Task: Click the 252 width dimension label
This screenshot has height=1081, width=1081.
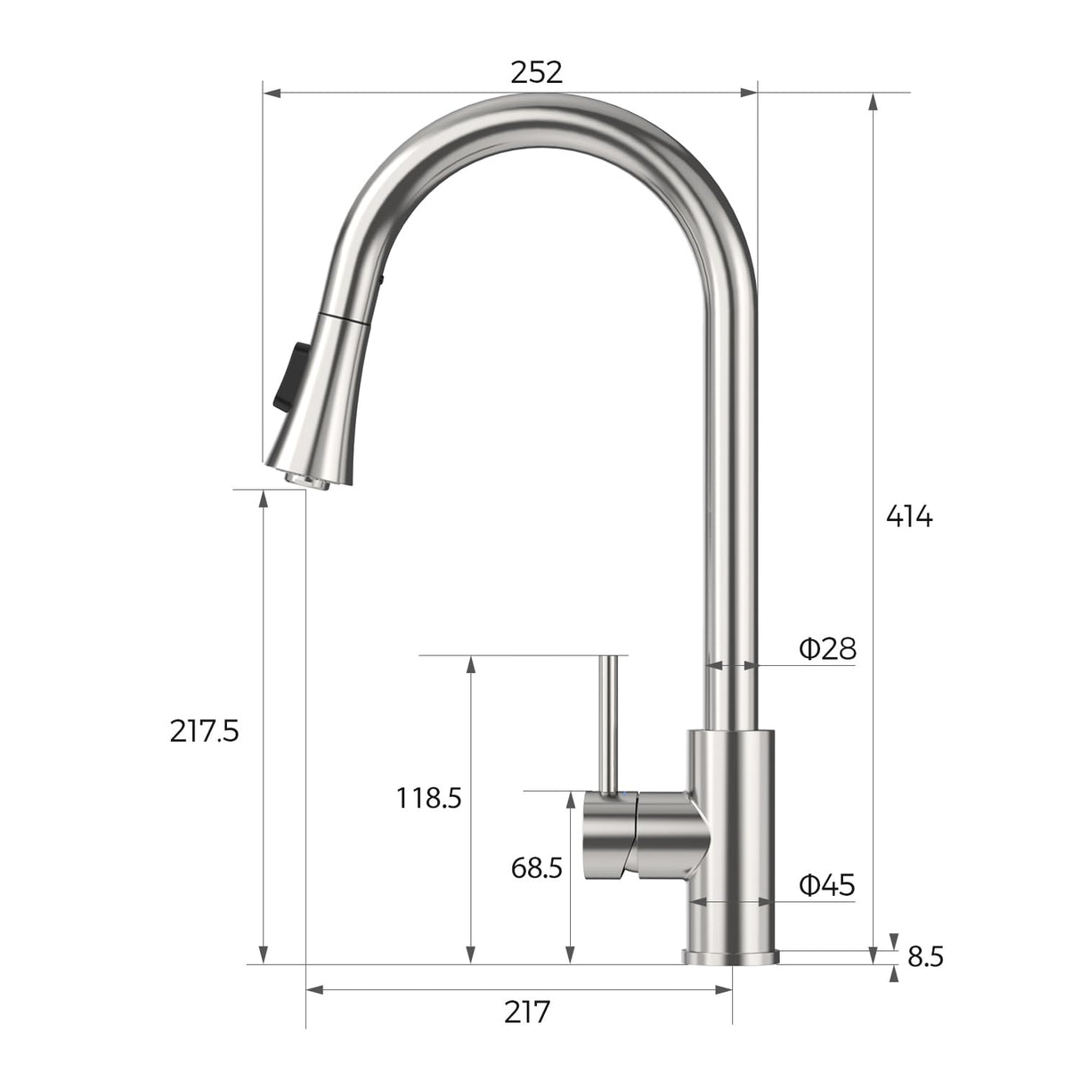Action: tap(536, 72)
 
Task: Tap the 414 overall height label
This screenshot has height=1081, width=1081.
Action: tap(908, 516)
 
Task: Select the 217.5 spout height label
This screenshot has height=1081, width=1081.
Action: tap(204, 731)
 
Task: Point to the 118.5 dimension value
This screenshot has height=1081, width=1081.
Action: tap(428, 798)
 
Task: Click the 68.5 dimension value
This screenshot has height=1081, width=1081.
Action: tap(536, 866)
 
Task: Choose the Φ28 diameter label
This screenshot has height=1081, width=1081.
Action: tap(827, 648)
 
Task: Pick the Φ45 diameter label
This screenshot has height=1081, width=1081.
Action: tap(827, 884)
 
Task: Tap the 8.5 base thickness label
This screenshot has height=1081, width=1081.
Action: tap(925, 957)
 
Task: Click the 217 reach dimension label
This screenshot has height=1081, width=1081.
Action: tap(527, 1012)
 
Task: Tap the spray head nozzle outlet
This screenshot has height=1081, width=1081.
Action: tap(303, 479)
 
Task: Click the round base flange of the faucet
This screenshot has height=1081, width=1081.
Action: tap(730, 956)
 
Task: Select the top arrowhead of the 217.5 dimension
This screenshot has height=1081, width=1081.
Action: tap(264, 499)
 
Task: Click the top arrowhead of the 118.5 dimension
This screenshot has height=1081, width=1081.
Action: tap(471, 664)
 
